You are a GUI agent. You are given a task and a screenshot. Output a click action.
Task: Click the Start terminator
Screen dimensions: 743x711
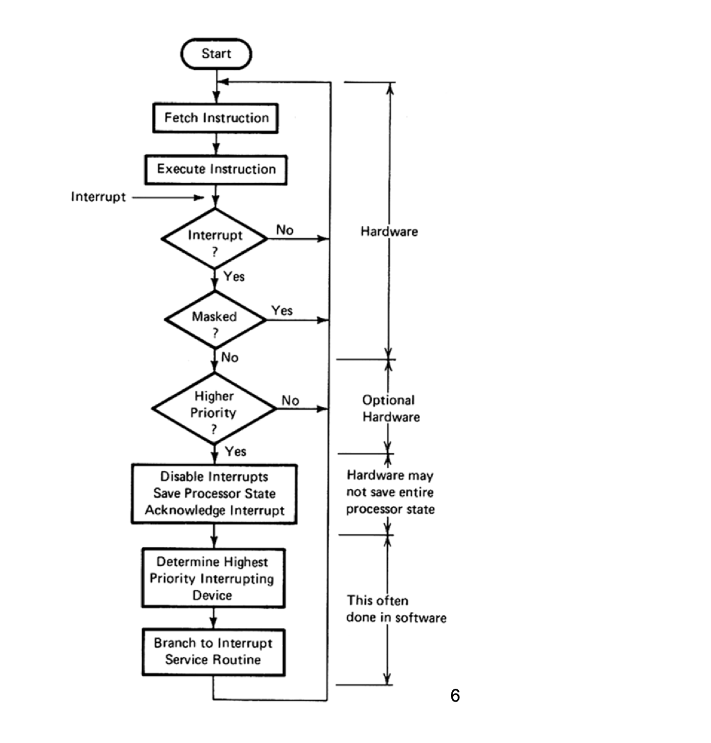216,54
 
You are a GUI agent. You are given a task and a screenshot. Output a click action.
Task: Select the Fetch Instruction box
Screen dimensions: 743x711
216,118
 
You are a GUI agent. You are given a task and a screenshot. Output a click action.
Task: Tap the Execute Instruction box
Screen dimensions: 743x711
216,169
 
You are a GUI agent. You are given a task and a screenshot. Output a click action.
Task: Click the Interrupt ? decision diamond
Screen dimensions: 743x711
215,239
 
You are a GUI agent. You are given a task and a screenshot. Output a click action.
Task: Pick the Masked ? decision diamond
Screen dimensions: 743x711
215,320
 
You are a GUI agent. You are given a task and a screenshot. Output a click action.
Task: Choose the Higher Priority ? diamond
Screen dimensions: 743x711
214,409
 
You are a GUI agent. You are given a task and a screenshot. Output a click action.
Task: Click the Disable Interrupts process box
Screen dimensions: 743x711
214,494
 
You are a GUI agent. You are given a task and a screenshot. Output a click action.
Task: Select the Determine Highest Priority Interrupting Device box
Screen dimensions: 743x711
213,578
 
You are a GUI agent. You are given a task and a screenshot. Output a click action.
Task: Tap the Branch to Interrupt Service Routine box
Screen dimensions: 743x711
213,651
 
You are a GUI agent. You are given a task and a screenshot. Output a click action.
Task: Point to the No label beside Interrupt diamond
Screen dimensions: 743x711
284,230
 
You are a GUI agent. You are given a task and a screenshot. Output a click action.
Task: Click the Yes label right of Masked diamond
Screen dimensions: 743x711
282,311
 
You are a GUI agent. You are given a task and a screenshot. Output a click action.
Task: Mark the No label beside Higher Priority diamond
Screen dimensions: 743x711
290,401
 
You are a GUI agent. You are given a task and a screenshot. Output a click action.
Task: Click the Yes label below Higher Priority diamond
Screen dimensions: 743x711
236,452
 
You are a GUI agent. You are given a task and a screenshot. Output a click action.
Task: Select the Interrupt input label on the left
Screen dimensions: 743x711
98,197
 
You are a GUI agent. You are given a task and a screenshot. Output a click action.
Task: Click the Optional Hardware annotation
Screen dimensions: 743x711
390,408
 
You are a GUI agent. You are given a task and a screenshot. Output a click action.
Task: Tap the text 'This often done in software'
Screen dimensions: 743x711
396,609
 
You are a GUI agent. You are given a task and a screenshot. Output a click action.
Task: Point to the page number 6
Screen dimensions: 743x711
455,696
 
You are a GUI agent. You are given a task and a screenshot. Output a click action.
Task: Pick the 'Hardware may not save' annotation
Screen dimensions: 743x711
390,492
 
